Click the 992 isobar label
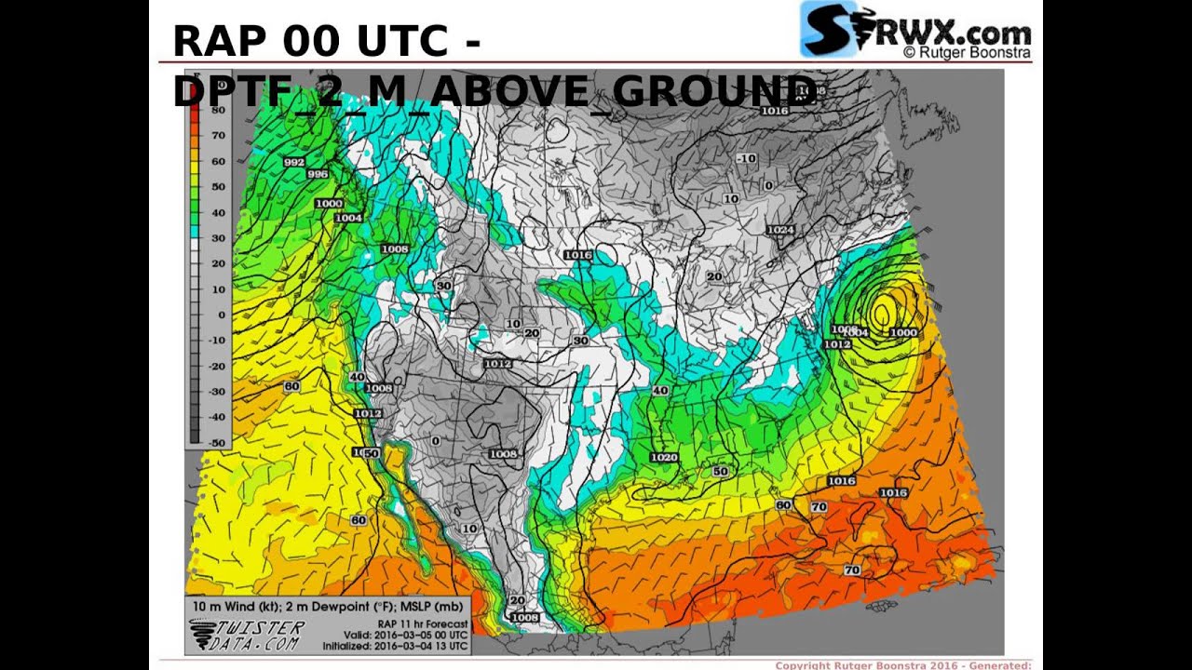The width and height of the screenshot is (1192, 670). click(x=293, y=162)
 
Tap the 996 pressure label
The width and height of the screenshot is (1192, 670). click(x=318, y=174)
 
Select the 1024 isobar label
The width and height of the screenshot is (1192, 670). click(x=780, y=230)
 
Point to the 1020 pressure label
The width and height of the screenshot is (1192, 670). click(x=664, y=457)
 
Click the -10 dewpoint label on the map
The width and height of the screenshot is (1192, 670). click(x=746, y=159)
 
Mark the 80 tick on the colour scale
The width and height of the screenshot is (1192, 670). click(x=218, y=110)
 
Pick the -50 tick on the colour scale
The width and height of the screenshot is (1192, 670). click(x=215, y=443)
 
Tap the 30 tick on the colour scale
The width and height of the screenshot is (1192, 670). click(x=218, y=238)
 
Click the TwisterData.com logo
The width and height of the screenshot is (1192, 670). click(x=247, y=636)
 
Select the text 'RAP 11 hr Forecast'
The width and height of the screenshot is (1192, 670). click(x=422, y=623)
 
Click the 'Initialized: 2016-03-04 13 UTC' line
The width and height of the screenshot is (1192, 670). click(x=395, y=646)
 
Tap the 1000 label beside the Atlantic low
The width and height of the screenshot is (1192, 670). click(x=903, y=332)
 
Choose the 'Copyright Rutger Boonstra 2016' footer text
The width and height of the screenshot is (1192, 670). click(x=875, y=664)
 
